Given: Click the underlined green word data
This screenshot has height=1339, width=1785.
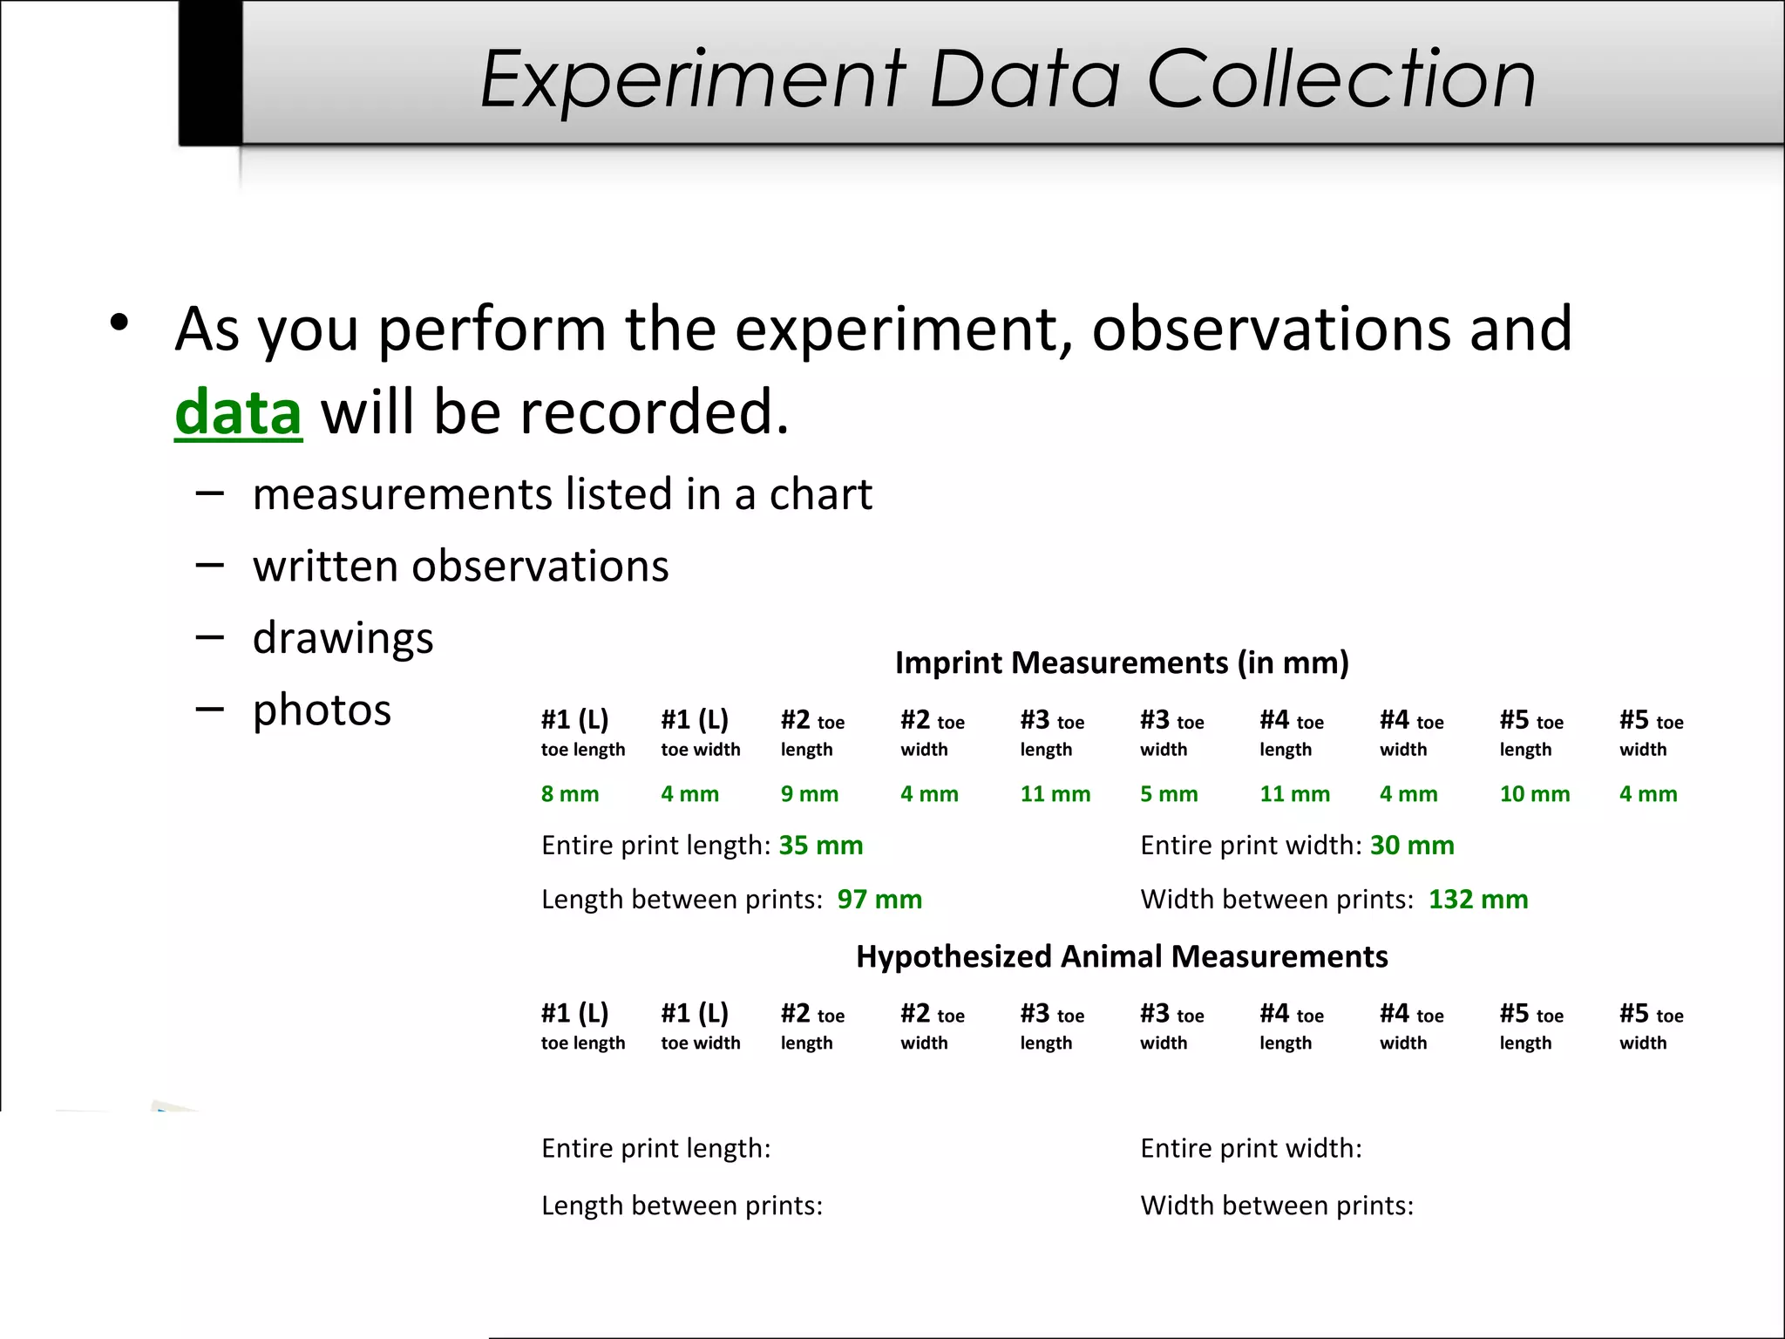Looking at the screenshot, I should pos(238,412).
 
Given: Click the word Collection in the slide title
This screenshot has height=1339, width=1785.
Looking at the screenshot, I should pos(1340,79).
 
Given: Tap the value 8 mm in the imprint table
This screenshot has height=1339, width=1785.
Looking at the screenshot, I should pos(569,794).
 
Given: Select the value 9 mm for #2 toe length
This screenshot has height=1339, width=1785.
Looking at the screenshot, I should pos(809,794).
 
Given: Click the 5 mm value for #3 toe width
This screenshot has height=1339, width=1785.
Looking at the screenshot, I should pos(1169,794).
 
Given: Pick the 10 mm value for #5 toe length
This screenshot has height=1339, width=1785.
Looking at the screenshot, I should pos(1534,794).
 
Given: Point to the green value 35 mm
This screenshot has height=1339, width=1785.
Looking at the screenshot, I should pos(820,846).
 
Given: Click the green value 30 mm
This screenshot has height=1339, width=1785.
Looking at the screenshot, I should pos(1411,846).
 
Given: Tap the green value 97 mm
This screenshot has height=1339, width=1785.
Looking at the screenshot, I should pos(879,900).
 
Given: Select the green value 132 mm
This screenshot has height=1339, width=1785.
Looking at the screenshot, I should pos(1477,900).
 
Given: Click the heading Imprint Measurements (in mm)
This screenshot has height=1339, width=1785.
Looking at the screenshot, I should pos(1122,663).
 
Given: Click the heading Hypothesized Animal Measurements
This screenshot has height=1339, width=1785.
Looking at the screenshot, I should pos(1122,957).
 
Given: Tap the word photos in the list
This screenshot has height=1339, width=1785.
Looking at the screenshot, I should pos(322,710).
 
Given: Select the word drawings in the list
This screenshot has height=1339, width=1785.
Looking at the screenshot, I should pos(343,638).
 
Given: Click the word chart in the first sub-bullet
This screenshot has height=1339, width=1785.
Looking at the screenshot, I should pos(820,495).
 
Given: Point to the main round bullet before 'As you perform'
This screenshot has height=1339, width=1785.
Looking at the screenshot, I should pos(119,323).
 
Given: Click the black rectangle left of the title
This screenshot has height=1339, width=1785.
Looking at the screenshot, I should pos(210,71).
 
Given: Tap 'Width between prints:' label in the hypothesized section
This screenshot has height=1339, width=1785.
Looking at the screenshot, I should pos(1276,1206).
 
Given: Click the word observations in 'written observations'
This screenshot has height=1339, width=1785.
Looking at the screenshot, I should pos(540,567).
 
